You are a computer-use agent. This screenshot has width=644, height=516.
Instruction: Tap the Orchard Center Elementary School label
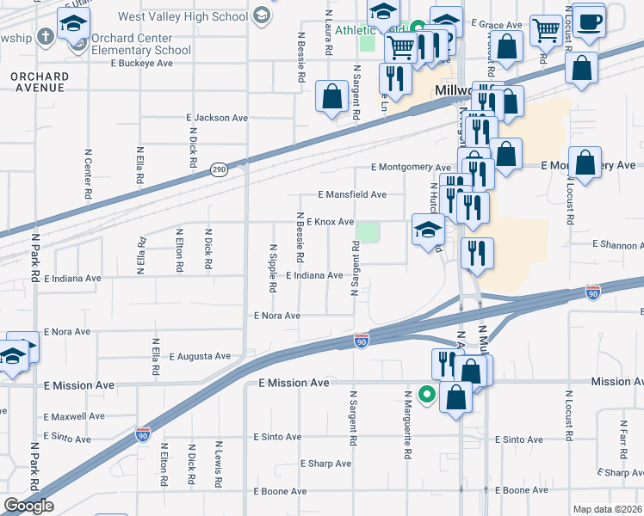coord(141,44)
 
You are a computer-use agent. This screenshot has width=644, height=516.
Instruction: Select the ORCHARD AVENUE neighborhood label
coord(39,82)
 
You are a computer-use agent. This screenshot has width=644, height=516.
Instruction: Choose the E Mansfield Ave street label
coord(351,195)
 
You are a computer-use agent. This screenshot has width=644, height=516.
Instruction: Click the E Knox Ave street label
coord(330,222)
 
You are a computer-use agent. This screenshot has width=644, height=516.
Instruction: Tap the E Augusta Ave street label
coord(200,355)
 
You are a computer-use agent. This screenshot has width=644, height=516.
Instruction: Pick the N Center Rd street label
coord(88,175)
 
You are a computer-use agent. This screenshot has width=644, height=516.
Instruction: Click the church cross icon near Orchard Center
coord(47,38)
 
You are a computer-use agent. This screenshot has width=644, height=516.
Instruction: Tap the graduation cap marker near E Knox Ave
coord(428,230)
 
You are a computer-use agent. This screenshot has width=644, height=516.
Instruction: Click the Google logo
coord(28,506)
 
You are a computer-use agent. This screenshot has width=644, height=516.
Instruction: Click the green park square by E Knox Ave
coord(368,232)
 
